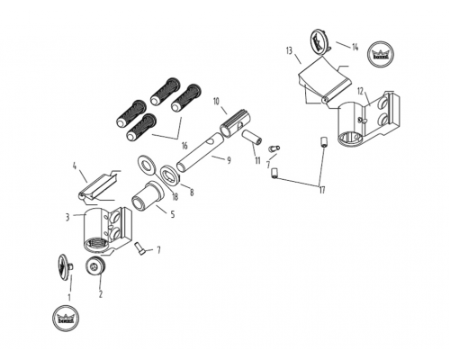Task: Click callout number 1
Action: pyautogui.click(x=69, y=297)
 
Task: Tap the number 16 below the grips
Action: pyautogui.click(x=184, y=146)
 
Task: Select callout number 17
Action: pyautogui.click(x=322, y=190)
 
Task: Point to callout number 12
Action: pyautogui.click(x=360, y=91)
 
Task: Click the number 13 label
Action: pyautogui.click(x=289, y=51)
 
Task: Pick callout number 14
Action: pyautogui.click(x=355, y=47)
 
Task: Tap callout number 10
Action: pyautogui.click(x=217, y=101)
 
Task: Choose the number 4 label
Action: pyautogui.click(x=75, y=166)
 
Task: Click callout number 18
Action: pyautogui.click(x=175, y=196)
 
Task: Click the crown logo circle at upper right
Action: pyautogui.click(x=381, y=54)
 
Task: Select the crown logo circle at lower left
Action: pyautogui.click(x=66, y=319)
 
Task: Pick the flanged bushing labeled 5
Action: pyautogui.click(x=148, y=197)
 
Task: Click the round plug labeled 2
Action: pyautogui.click(x=95, y=265)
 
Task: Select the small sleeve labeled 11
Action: pyautogui.click(x=252, y=137)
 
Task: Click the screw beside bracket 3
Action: pyautogui.click(x=139, y=248)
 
